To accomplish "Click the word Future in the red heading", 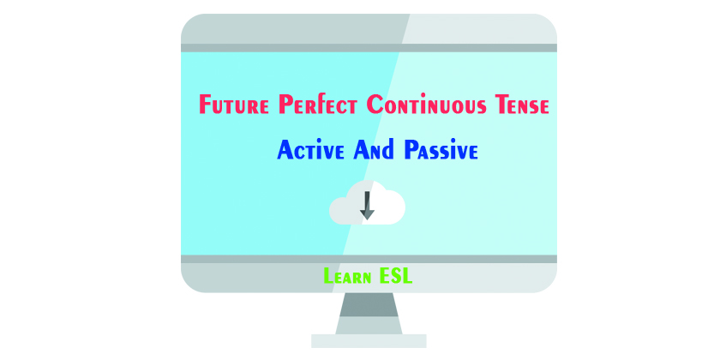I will [x=235, y=106].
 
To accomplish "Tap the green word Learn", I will [x=348, y=277].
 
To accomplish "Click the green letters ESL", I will [x=398, y=277].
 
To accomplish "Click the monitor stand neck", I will [x=367, y=311].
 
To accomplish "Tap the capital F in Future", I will [x=206, y=106].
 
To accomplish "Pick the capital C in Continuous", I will [x=375, y=106].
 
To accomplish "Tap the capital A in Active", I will [x=285, y=152].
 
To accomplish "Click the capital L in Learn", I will [x=329, y=277].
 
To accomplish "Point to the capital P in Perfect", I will [x=287, y=106].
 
